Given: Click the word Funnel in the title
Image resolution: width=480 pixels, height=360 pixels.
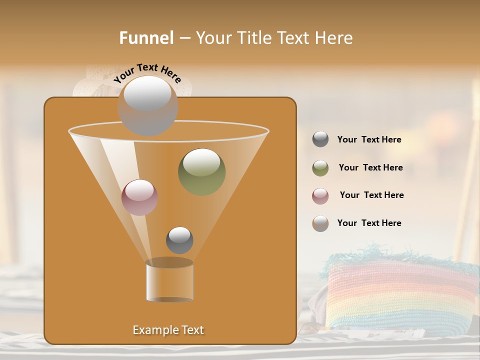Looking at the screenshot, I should [x=146, y=38].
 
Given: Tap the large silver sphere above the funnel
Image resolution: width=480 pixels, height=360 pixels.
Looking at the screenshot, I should [x=147, y=106].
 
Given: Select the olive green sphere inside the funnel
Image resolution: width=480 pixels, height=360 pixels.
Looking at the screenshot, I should [x=201, y=171].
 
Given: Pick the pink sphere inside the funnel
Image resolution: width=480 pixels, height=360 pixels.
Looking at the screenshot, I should [x=139, y=197].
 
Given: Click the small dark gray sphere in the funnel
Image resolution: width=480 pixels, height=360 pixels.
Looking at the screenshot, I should [x=179, y=240].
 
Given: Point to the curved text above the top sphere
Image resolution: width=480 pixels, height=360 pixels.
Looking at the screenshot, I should [x=147, y=73].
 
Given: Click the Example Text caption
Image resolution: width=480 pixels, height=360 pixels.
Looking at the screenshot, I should [x=168, y=330].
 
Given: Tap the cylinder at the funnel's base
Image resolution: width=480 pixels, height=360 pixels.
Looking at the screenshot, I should [x=169, y=281].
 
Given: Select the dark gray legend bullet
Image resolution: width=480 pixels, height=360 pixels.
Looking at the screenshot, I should [x=320, y=139].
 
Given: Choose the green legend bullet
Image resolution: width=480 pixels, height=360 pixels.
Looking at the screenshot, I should [x=320, y=168].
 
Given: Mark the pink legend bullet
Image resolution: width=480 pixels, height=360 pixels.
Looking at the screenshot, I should [x=320, y=196].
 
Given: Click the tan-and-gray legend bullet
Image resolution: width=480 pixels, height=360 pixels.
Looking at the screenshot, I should [x=320, y=223].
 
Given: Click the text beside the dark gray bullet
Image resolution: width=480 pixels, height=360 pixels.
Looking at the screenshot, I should [x=369, y=140].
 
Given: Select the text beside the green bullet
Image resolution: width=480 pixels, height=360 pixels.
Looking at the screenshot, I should [x=370, y=168].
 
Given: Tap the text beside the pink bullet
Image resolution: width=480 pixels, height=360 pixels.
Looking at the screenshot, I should [x=371, y=195].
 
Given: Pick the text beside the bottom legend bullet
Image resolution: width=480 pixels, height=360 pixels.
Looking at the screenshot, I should [x=369, y=223].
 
